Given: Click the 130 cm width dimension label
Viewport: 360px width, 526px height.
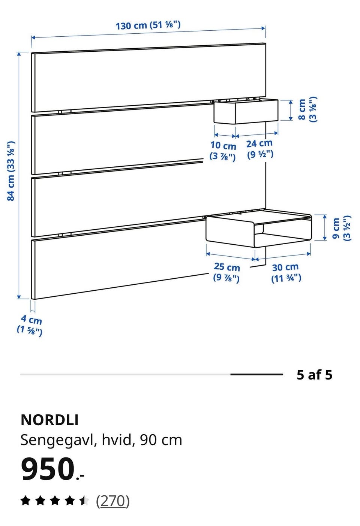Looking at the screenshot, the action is [148, 25].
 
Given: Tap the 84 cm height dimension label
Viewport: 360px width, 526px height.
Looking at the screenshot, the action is [11, 171].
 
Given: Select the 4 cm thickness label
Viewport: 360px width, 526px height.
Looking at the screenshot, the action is [30, 326].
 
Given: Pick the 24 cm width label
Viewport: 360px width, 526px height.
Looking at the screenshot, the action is [259, 149].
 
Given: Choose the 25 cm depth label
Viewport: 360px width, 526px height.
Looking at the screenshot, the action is [226, 272].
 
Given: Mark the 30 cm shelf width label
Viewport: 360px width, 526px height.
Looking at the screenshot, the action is [286, 273].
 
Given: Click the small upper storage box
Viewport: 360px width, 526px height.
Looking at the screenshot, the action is [246, 111].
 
